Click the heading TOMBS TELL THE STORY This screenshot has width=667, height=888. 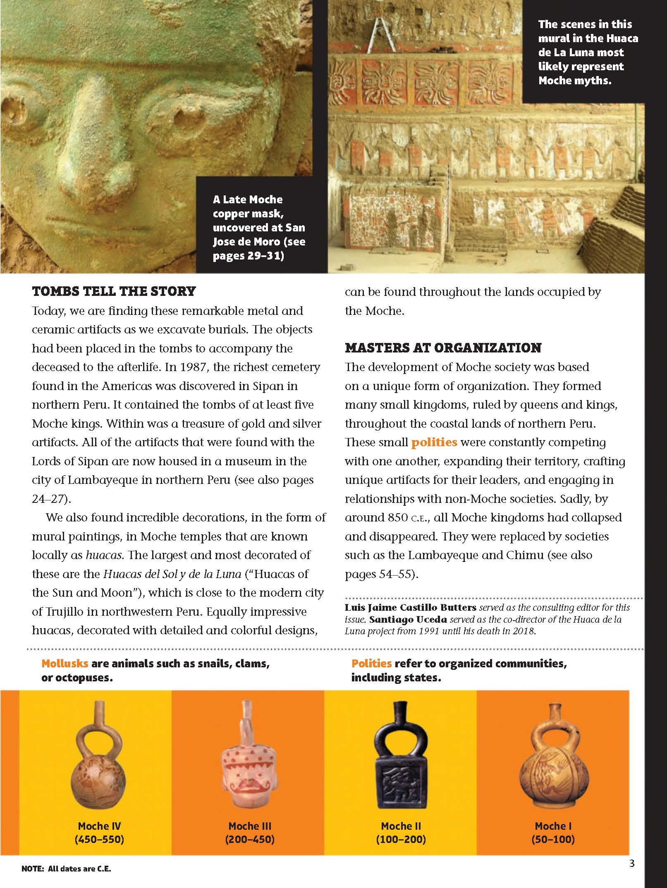tap(114, 291)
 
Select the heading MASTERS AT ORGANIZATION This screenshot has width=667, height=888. tap(443, 348)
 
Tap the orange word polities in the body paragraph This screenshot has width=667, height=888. tap(434, 442)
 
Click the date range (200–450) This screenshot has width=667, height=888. tap(250, 839)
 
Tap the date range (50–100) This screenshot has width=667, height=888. tap(553, 839)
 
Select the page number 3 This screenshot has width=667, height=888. tap(631, 863)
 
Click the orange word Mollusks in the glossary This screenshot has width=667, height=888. tap(65, 664)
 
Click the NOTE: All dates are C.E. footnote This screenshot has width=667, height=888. tap(66, 869)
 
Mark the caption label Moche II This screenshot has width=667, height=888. tap(401, 826)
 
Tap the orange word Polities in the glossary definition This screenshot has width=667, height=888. tap(371, 664)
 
